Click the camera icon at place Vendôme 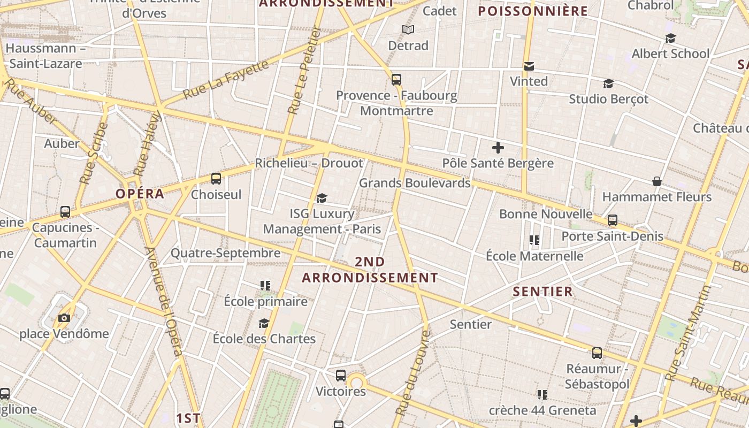coord(64,318)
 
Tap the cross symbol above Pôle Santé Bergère coord(498,147)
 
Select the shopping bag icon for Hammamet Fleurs coord(657,182)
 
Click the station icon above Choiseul coord(216,179)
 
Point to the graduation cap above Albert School coord(670,38)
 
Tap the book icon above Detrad coord(408,30)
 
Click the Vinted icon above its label coord(529,66)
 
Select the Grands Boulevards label coord(415,183)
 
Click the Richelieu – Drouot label coord(309,163)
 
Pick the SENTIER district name coord(543,292)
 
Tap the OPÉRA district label coord(140,194)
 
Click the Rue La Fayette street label coord(226,80)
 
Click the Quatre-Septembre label coord(225,253)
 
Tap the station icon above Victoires coord(341,376)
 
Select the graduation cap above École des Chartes coord(264,323)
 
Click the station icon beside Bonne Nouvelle coord(613,220)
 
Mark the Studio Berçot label coord(608,99)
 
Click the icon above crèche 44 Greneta coord(542,395)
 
